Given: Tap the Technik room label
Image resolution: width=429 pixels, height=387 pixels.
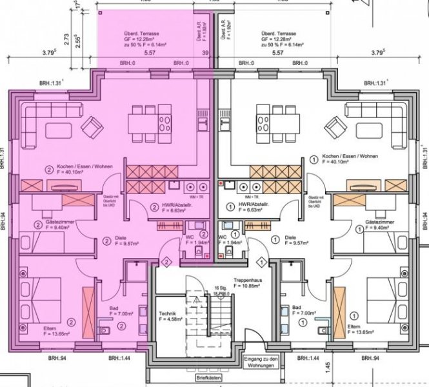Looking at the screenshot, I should (166, 314).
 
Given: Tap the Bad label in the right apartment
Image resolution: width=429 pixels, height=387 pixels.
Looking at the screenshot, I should (297, 309).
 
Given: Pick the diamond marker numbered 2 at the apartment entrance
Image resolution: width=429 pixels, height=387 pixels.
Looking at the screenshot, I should (166, 262).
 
